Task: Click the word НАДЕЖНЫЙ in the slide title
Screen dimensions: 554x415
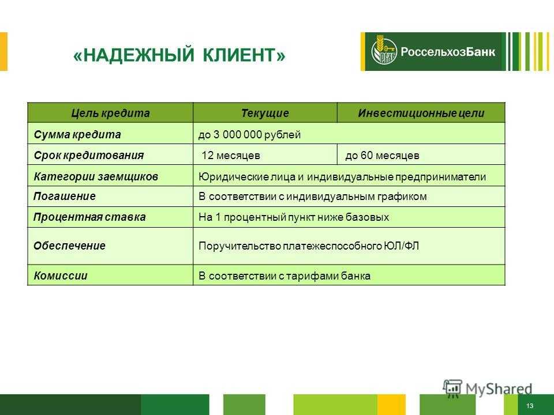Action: coord(139,55)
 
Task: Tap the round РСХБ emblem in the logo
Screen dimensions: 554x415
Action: coord(384,51)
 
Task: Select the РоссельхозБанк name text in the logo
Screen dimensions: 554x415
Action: coord(448,51)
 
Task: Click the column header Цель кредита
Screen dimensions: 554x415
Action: coord(110,113)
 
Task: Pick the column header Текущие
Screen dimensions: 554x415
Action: coord(265,113)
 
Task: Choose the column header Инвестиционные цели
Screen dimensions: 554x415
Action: coord(421,113)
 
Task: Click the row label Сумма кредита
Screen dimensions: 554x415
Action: coord(77,134)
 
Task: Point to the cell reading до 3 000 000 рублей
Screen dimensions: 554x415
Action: coord(249,134)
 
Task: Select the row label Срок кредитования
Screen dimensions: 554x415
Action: coord(89,155)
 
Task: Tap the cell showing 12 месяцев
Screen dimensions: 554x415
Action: coord(231,155)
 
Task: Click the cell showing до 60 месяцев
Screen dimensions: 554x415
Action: coord(382,155)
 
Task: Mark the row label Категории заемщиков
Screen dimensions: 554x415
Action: coord(96,176)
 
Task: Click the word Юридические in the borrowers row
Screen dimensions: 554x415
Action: coord(234,176)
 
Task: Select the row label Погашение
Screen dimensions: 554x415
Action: coord(65,196)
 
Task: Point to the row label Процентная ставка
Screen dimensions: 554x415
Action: coord(89,217)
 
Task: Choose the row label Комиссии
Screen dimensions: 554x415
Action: coord(61,276)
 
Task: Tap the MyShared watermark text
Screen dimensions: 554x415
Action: coord(499,389)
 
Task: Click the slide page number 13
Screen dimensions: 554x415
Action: coord(530,406)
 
